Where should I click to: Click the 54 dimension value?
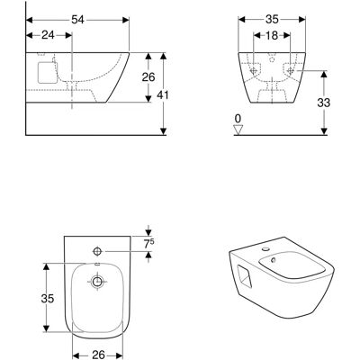pos(77,20)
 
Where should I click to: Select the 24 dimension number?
pos(48,35)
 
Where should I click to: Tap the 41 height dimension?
pos(163,95)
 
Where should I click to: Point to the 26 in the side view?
pos(148,77)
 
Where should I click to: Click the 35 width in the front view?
pos(272,20)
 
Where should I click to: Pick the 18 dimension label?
pos(272,35)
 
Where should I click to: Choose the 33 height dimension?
pos(324,103)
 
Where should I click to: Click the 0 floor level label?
pos(238,119)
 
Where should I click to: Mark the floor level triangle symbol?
pos(238,130)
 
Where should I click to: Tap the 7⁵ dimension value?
pos(148,244)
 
